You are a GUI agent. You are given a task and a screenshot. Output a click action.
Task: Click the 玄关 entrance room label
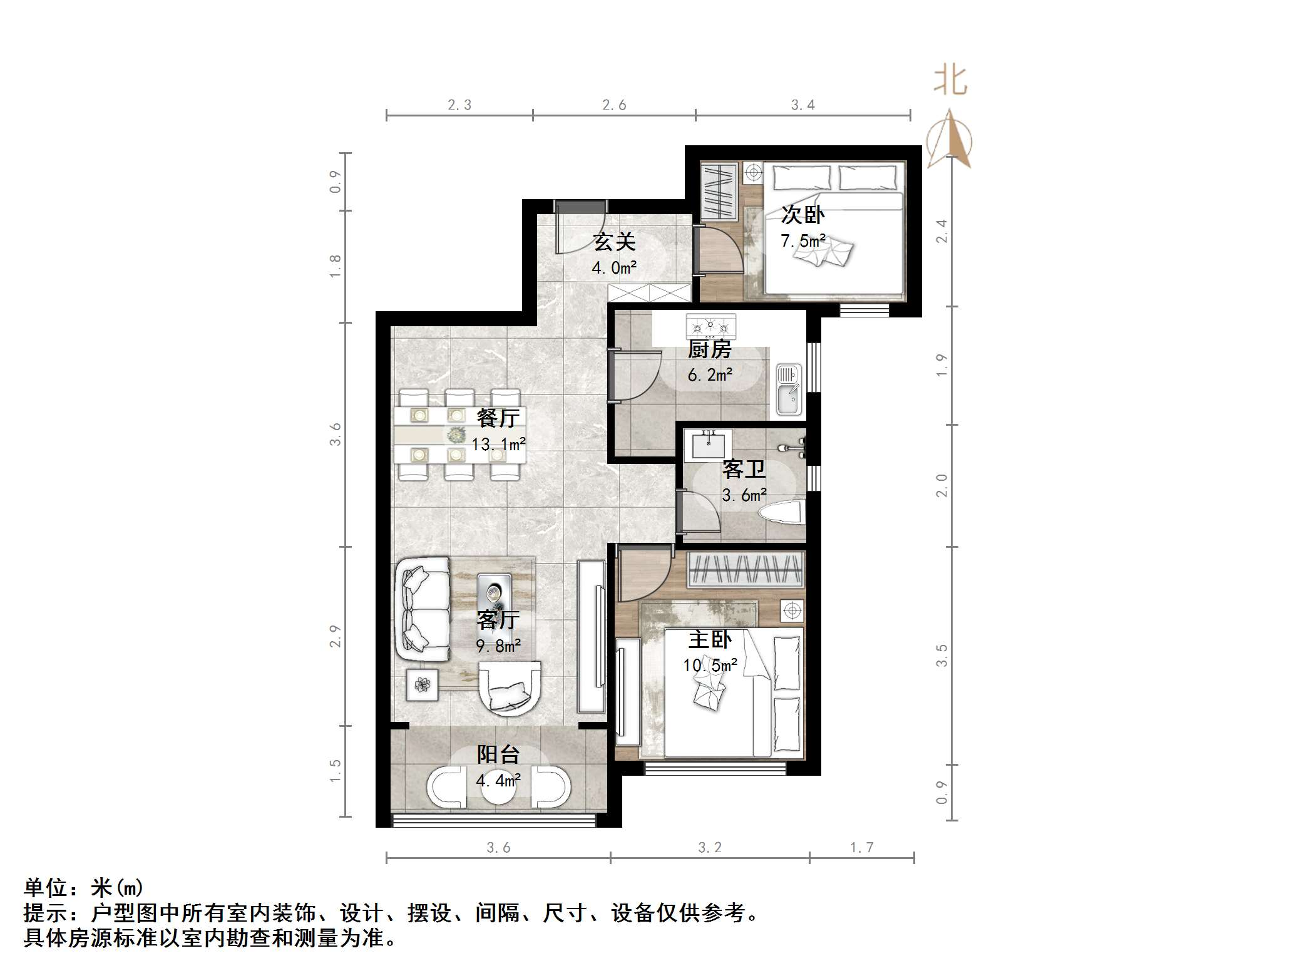(x=614, y=242)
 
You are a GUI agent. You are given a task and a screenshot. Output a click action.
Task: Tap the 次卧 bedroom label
(x=802, y=215)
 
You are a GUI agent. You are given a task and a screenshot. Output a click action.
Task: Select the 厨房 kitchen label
(x=709, y=349)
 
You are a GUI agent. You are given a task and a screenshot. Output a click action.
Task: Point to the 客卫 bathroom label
(x=744, y=468)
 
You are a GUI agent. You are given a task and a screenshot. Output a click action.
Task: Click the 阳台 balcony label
(x=498, y=754)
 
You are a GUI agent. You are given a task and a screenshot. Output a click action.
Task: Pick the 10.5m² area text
(x=710, y=665)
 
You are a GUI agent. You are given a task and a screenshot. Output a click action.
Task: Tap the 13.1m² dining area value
(x=498, y=445)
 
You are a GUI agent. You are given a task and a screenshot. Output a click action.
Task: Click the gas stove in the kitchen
(x=710, y=326)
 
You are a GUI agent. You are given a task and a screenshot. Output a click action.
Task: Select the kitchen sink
(x=789, y=390)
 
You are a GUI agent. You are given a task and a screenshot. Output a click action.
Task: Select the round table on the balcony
(x=498, y=790)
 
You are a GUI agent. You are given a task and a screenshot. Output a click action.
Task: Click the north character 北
(x=950, y=81)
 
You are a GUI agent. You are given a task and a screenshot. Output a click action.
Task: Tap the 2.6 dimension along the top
(x=614, y=105)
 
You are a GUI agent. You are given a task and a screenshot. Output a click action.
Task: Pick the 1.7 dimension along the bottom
(x=861, y=848)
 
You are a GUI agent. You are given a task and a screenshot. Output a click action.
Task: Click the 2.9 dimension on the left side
(x=336, y=636)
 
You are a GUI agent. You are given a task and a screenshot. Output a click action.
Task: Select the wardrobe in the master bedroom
(x=745, y=570)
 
